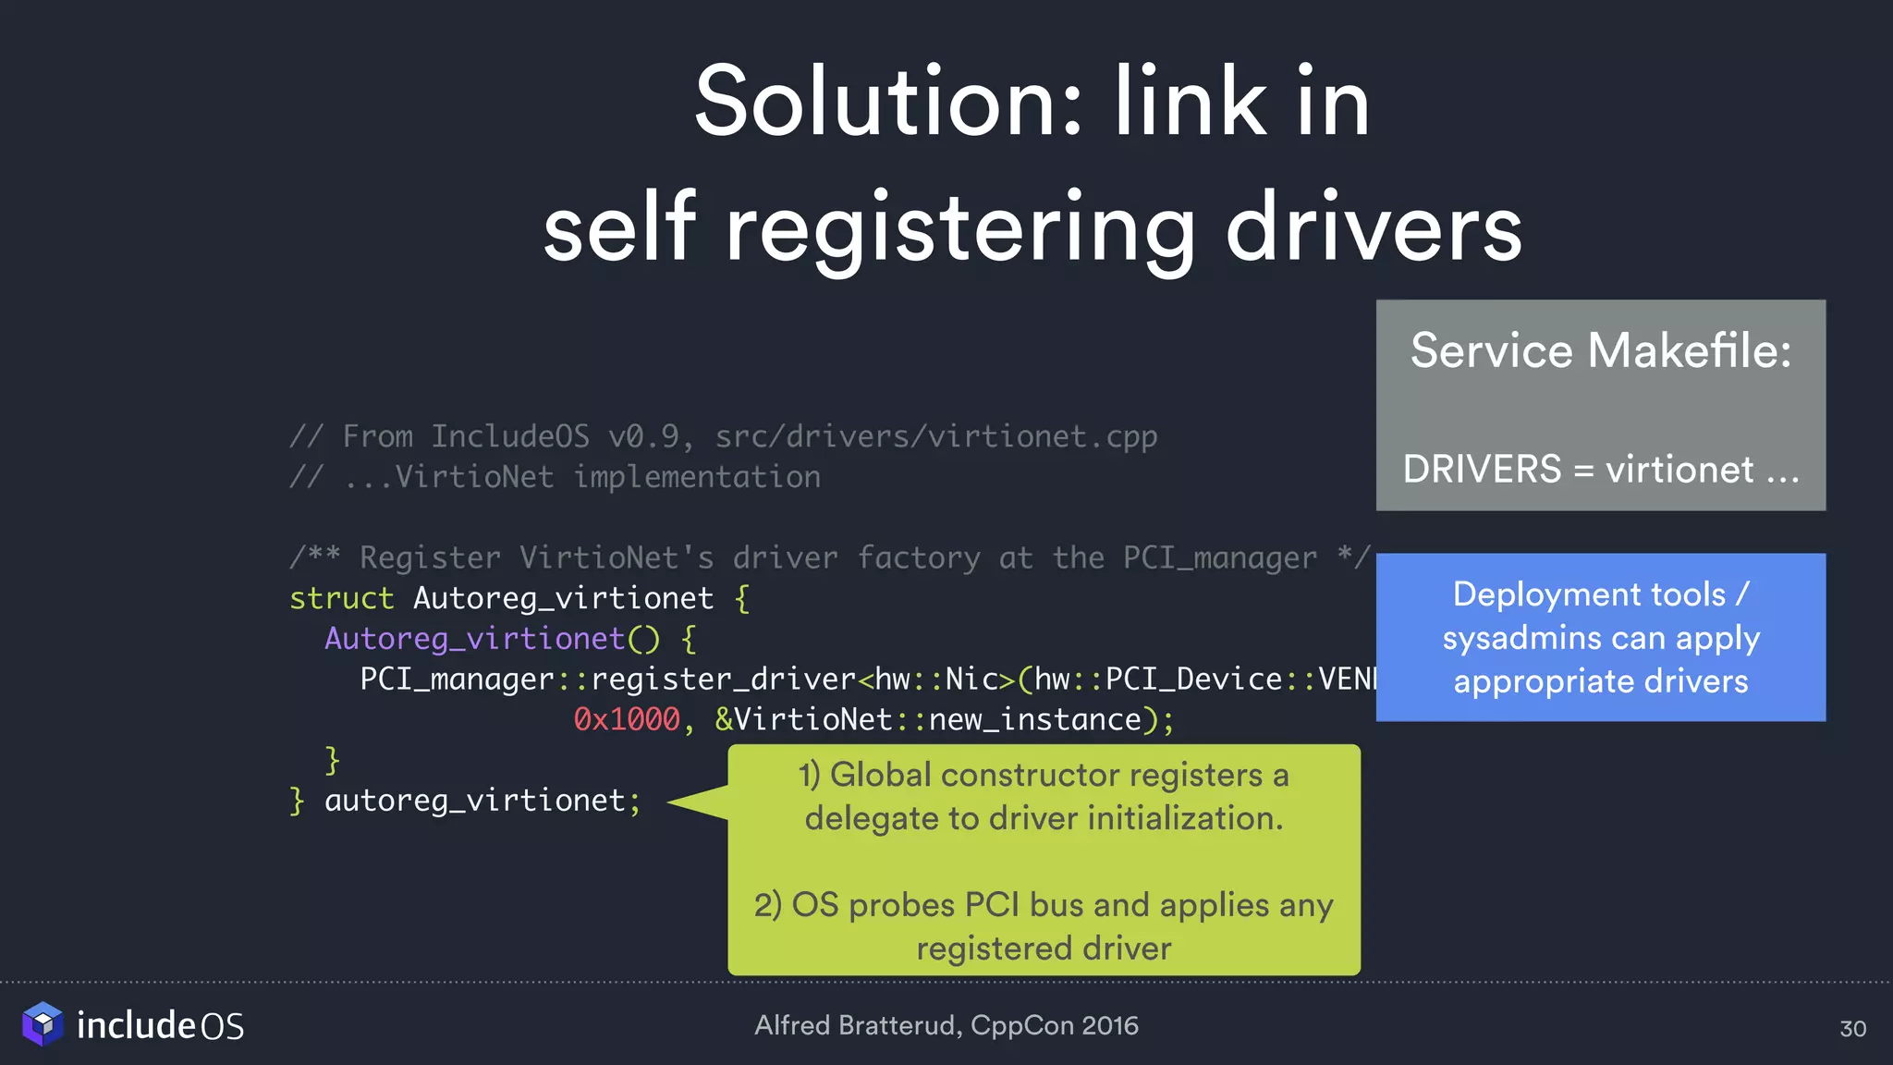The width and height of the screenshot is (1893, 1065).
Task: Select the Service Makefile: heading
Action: (1600, 351)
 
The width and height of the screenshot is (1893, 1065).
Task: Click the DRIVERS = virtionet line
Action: (1600, 470)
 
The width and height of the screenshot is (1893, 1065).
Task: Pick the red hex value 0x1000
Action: (627, 719)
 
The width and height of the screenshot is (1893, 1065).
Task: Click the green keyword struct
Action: (341, 598)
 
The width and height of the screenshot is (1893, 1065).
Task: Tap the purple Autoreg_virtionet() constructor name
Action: (475, 639)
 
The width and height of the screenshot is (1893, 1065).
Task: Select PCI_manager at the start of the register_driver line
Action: (457, 679)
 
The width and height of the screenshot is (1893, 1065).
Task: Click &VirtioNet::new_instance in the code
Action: (929, 719)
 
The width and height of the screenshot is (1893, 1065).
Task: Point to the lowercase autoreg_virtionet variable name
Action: (475, 801)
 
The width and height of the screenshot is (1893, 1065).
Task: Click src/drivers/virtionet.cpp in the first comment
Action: (935, 436)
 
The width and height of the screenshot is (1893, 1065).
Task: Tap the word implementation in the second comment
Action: (697, 477)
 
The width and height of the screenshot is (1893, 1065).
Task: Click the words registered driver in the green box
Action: (1044, 949)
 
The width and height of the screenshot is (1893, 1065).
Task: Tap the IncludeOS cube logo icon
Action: (43, 1024)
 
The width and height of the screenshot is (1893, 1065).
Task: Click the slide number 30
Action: (1852, 1029)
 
